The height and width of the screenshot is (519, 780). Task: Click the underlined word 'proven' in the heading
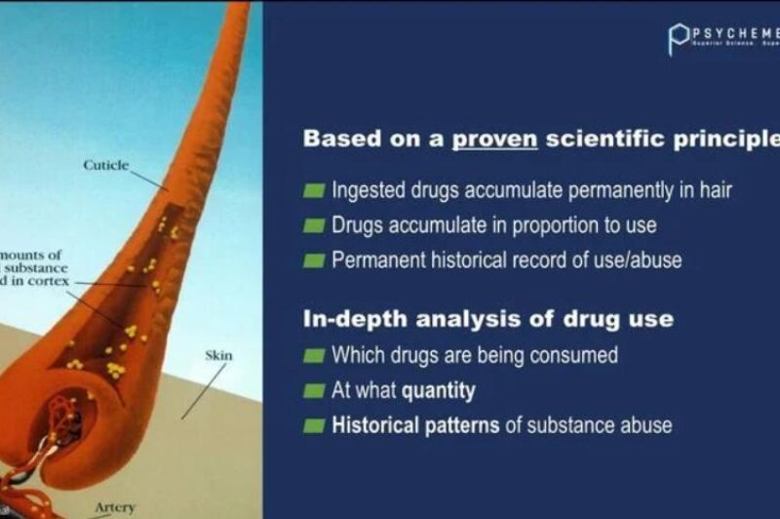click(x=495, y=139)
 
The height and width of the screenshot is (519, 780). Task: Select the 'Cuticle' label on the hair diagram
click(x=106, y=166)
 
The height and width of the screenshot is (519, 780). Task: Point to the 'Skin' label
click(x=218, y=356)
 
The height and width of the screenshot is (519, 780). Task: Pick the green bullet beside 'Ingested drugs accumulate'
click(x=313, y=190)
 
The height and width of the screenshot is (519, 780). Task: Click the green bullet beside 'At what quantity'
click(x=313, y=391)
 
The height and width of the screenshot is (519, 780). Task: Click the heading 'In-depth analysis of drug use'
click(x=487, y=319)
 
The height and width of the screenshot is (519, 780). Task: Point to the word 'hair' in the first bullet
click(x=714, y=190)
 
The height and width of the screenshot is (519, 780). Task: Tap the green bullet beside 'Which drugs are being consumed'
click(x=313, y=355)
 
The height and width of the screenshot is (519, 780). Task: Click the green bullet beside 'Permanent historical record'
click(x=313, y=260)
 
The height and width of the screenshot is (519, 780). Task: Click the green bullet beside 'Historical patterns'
click(x=313, y=425)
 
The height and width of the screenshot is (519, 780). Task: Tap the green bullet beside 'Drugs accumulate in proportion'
click(x=313, y=225)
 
